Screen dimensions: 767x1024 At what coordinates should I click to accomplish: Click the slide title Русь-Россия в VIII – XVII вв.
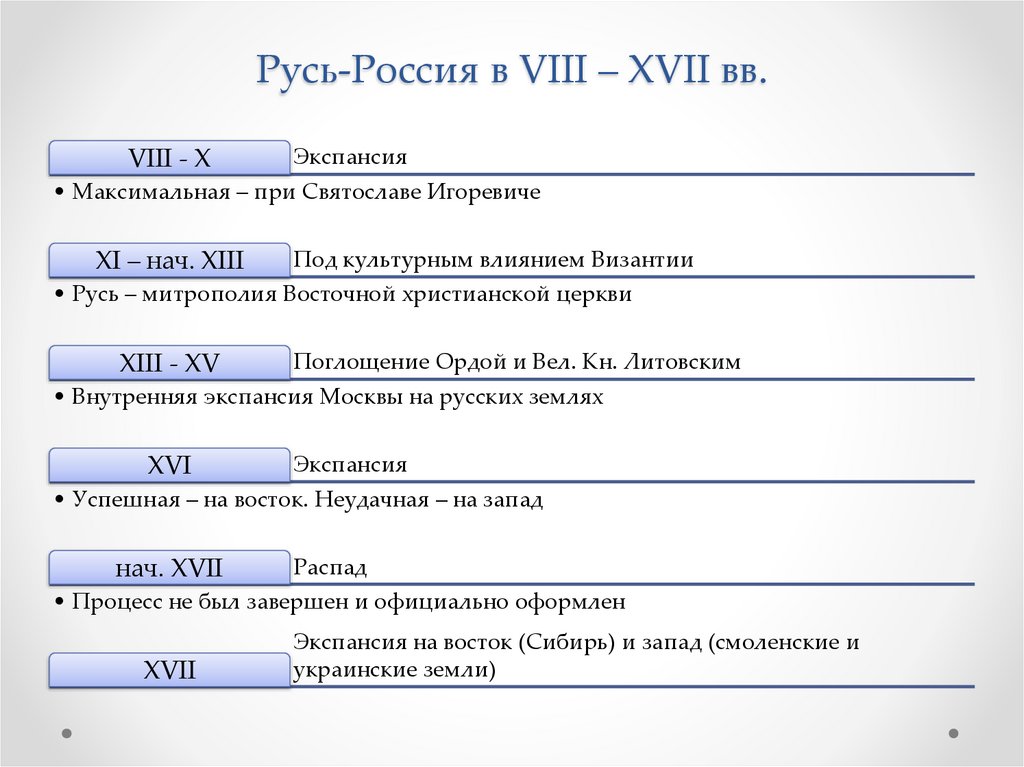511,74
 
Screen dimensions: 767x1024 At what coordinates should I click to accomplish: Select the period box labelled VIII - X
170,158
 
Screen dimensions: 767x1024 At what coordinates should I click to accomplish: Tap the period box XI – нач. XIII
170,261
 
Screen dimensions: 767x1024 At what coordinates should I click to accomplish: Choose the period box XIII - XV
170,363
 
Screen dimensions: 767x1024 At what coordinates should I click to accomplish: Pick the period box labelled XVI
170,466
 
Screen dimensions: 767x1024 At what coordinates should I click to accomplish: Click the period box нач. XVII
170,569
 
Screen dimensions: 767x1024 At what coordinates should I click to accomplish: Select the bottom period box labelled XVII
170,670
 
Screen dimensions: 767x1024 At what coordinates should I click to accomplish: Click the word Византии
642,260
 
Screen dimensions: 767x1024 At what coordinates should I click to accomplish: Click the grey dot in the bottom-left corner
67,732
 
